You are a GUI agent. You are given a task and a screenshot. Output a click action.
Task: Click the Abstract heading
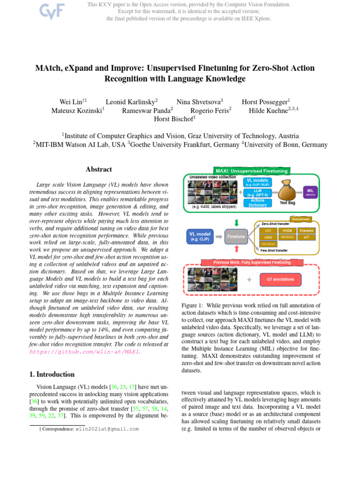coord(99,169)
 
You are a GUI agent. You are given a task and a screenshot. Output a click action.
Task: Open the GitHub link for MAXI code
coord(84,351)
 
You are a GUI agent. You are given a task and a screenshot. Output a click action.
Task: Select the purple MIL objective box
coord(310,192)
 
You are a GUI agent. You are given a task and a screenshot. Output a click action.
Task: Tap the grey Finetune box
coord(236,237)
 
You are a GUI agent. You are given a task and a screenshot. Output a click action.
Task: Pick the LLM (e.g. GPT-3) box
coord(257,192)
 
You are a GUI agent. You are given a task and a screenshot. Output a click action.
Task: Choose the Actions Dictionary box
coord(257,202)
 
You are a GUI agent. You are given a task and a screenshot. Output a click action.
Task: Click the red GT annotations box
coord(280,279)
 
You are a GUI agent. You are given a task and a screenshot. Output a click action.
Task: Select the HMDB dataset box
coord(286,231)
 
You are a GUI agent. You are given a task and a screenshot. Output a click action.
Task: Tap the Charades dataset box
coord(306,231)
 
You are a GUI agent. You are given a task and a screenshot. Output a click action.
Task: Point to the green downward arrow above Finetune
coord(236,223)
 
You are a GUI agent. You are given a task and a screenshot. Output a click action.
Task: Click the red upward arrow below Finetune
coord(236,249)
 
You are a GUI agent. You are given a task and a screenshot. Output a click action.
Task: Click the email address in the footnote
coord(107,428)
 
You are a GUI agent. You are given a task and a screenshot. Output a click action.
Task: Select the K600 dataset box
coord(268,238)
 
